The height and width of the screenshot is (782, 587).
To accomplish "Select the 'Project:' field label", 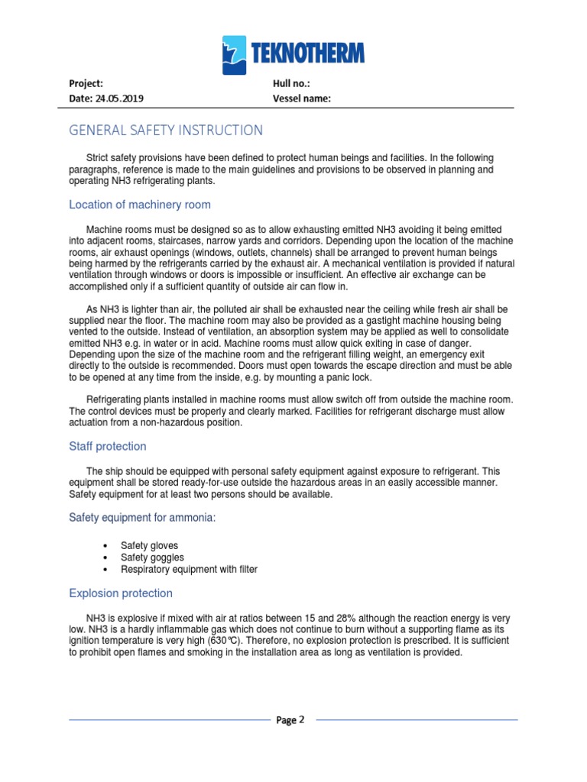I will click(x=86, y=83).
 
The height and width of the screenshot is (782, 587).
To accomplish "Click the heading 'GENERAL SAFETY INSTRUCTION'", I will click(x=166, y=131).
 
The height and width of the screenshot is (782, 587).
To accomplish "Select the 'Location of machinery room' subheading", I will click(x=140, y=205).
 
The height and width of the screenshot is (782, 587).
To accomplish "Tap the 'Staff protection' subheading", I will click(x=108, y=446).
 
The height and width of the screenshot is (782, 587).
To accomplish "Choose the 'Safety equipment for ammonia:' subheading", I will click(x=142, y=518).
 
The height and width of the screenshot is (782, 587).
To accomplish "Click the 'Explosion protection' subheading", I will click(x=121, y=593).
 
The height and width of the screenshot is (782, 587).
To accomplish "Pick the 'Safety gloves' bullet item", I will click(x=149, y=545).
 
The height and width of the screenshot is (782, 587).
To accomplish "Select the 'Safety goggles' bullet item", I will click(x=152, y=557).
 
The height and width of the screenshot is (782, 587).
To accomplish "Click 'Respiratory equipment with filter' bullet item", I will click(x=189, y=570).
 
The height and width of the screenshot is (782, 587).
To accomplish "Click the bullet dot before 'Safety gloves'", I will click(x=104, y=546).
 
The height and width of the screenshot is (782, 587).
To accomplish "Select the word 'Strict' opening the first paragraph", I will click(x=99, y=157).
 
